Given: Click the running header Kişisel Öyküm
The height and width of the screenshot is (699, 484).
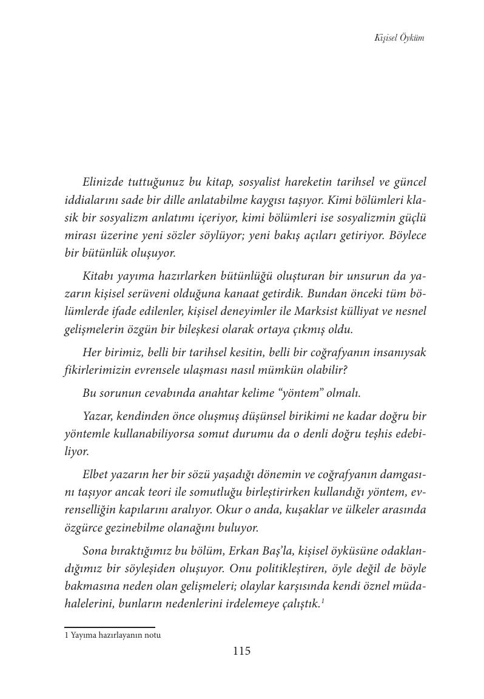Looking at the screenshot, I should pyautogui.click(x=399, y=38).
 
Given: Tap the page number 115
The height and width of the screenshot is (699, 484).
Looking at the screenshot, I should pyautogui.click(x=241, y=652).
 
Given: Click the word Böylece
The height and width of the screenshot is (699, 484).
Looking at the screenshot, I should pyautogui.click(x=403, y=235).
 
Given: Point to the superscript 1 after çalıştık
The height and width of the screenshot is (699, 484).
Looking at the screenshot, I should pyautogui.click(x=322, y=601).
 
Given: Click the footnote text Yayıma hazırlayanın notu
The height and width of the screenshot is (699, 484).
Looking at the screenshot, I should pyautogui.click(x=116, y=635).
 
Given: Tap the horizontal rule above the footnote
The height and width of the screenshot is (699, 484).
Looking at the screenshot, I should pyautogui.click(x=110, y=627).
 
